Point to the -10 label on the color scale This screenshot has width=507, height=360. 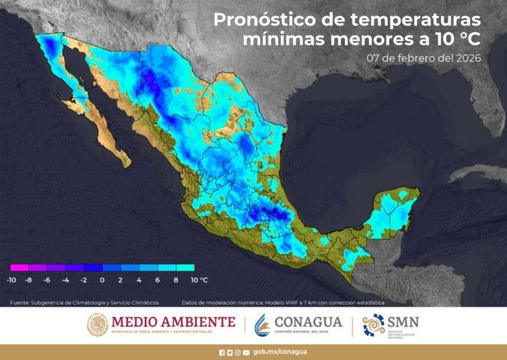click(x=11, y=280)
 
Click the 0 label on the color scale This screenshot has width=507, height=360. click(x=102, y=280)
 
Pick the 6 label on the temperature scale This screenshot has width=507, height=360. click(x=157, y=280)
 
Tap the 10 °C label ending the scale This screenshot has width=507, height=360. click(x=198, y=280)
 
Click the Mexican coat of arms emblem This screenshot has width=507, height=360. click(x=97, y=325)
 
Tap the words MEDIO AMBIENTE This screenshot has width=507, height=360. click(x=172, y=322)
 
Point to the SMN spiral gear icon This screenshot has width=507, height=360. click(x=373, y=325)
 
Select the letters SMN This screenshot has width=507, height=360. click(x=405, y=322)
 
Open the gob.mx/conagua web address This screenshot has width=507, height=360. click(x=280, y=352)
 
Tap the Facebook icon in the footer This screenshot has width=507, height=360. click(x=221, y=352)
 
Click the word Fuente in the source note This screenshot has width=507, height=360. click(x=19, y=302)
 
